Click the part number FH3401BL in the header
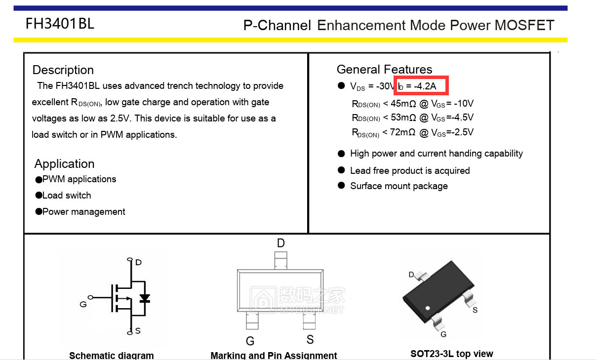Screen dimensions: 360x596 click(60, 23)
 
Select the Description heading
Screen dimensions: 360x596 click(63, 70)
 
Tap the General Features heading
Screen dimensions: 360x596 click(384, 70)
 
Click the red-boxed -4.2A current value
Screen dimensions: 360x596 click(425, 86)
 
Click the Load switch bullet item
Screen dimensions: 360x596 click(67, 196)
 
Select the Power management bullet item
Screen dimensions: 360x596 click(83, 212)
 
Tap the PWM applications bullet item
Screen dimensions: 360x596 click(79, 179)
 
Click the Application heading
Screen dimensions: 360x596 click(64, 164)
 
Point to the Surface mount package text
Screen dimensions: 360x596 click(398, 186)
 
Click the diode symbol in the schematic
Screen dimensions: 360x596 click(145, 298)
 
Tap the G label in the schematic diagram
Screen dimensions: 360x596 click(83, 304)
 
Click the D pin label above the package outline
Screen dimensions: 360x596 click(280, 243)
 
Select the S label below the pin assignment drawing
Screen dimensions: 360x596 click(310, 340)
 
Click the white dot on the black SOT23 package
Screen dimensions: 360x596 click(427, 309)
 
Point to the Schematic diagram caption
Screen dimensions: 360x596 click(111, 356)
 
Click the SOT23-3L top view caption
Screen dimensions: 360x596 click(451, 354)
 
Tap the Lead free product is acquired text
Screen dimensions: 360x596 click(409, 171)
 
